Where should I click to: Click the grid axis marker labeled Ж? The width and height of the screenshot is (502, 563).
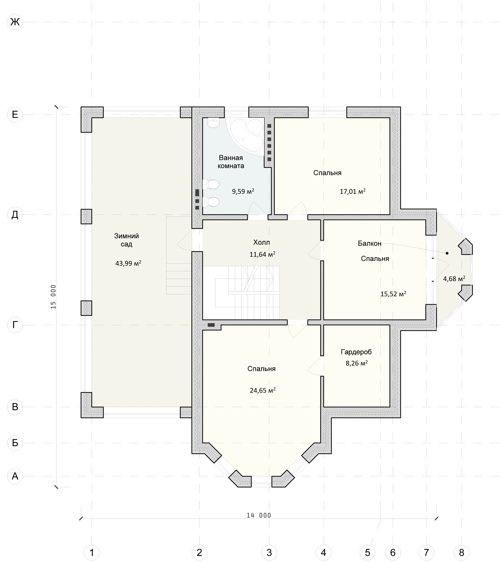15,22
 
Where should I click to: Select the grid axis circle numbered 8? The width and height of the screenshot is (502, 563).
461,553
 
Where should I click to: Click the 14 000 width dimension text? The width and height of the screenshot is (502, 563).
259,515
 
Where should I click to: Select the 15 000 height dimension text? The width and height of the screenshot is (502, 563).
53,297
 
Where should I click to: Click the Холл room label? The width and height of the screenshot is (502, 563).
262,242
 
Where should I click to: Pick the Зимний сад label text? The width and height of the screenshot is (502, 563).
127,240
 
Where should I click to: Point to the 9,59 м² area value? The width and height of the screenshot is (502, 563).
243,191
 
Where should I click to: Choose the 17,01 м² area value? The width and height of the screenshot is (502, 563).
353,191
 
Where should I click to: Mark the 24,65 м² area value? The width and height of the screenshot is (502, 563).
263,390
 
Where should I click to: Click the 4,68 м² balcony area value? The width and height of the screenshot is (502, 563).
454,279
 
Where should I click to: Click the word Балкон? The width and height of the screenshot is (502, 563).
370,243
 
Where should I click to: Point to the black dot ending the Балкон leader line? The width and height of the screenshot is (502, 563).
447,253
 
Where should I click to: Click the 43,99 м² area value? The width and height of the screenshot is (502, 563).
128,263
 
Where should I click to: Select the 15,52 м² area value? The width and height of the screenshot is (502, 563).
393,294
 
